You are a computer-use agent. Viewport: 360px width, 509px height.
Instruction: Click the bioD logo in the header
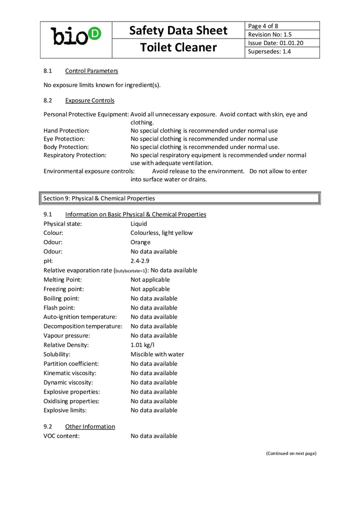coord(76,36)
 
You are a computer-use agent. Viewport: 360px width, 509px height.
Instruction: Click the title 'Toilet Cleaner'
coord(178,47)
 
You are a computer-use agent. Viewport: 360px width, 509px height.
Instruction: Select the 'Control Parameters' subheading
coord(91,71)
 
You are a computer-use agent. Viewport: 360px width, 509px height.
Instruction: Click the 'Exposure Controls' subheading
coord(89,100)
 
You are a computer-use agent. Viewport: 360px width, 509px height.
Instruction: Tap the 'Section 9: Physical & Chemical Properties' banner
coord(180,198)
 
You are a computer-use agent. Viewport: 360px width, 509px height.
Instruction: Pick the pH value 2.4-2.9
coord(140,261)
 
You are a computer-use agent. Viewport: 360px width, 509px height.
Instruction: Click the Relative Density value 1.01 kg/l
coord(142,345)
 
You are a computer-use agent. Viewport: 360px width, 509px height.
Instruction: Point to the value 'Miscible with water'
coord(157,354)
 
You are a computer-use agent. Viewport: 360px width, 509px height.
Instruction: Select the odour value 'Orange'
coord(140,242)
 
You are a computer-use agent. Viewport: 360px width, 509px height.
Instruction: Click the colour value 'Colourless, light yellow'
coord(161,233)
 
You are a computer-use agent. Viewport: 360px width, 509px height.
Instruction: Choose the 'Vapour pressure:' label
coord(66,336)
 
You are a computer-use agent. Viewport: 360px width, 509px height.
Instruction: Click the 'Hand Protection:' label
coord(66,130)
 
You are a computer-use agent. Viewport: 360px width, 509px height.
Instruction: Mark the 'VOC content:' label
coord(61,436)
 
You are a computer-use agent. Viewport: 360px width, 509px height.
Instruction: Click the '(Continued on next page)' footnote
coord(291,453)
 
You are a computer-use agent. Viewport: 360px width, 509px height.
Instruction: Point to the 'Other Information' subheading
coord(90,426)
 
